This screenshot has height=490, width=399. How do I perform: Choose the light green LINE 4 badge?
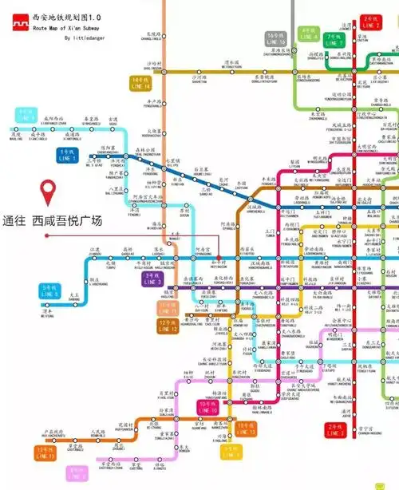pyautogui.click(x=309, y=34)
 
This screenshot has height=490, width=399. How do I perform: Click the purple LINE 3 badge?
pyautogui.click(x=150, y=279)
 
